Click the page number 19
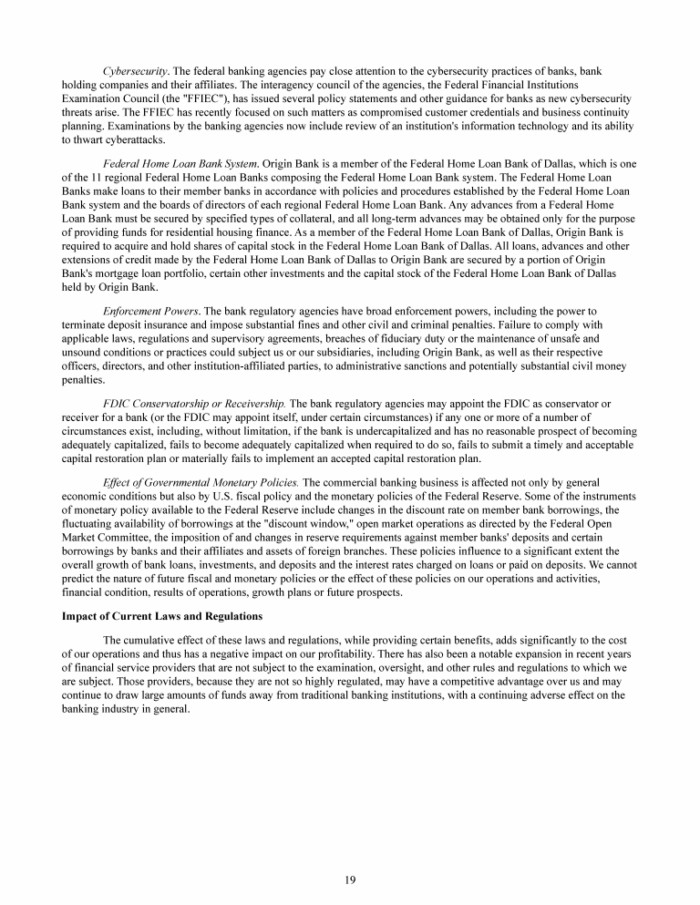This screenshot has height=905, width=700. (350, 879)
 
